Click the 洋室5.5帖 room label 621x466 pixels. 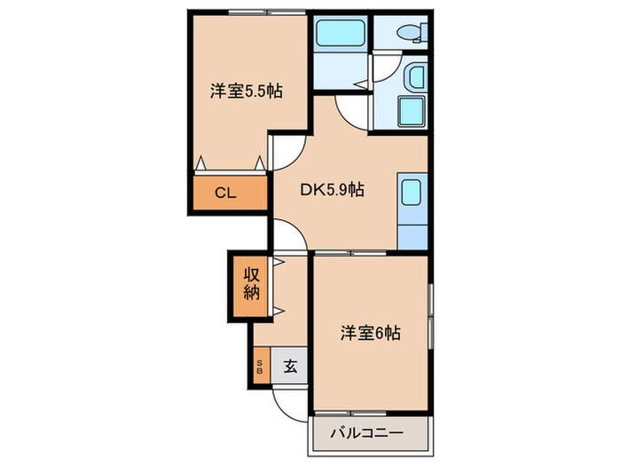pyautogui.click(x=246, y=91)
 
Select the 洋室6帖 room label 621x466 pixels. pyautogui.click(x=371, y=334)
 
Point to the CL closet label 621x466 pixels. pyautogui.click(x=225, y=193)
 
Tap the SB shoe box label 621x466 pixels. pyautogui.click(x=260, y=366)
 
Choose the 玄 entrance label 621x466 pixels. pyautogui.click(x=290, y=365)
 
